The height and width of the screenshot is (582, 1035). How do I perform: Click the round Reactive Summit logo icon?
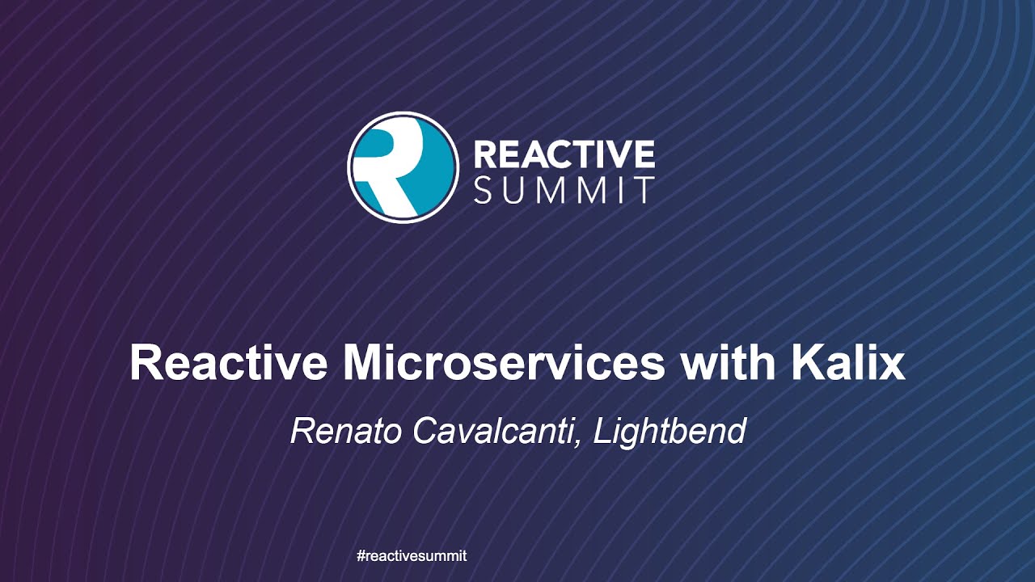click(x=403, y=167)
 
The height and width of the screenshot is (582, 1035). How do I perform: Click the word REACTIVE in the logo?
click(x=564, y=153)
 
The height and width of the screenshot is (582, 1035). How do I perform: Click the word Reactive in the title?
click(x=229, y=364)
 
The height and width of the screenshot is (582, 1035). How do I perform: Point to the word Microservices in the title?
click(x=503, y=364)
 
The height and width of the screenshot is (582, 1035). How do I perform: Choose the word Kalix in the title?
click(x=847, y=364)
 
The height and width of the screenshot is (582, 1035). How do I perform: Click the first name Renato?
click(x=347, y=431)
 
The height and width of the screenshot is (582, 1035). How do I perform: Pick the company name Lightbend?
click(x=670, y=432)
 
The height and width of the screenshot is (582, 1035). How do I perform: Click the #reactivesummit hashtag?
click(x=412, y=556)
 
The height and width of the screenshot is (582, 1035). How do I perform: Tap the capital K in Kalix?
click(x=805, y=364)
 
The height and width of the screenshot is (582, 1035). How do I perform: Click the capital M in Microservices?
click(x=362, y=364)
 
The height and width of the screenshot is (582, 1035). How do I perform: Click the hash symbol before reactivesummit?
click(x=361, y=556)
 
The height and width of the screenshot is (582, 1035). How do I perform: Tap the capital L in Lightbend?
click(x=602, y=431)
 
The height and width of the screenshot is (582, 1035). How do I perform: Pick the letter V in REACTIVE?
click(x=619, y=153)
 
